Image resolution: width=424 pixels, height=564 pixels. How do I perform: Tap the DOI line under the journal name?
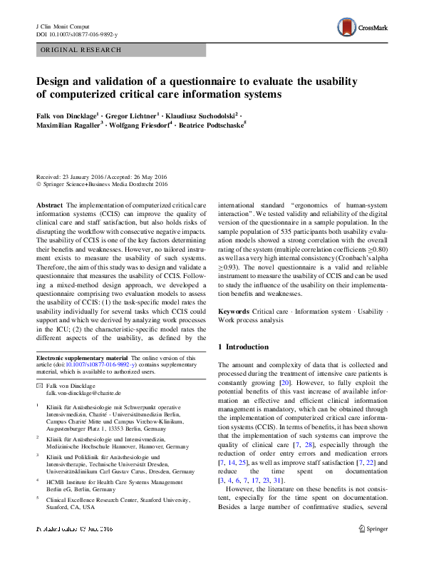click(77, 34)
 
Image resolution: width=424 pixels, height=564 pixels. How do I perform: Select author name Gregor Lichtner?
click(134, 116)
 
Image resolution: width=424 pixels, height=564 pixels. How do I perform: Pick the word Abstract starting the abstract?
click(49, 205)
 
